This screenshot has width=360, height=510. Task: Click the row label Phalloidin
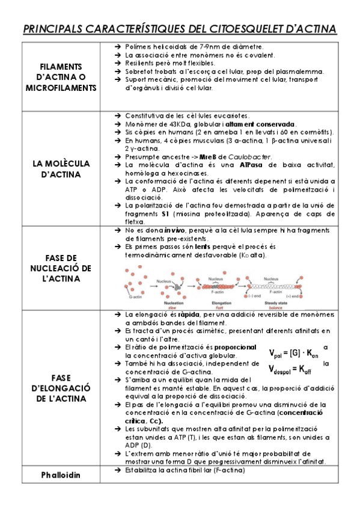click(61, 475)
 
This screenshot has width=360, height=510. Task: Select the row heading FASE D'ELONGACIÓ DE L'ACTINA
click(61, 388)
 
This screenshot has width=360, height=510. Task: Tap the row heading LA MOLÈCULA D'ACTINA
click(61, 169)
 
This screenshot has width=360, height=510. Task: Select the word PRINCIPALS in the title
click(58, 29)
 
